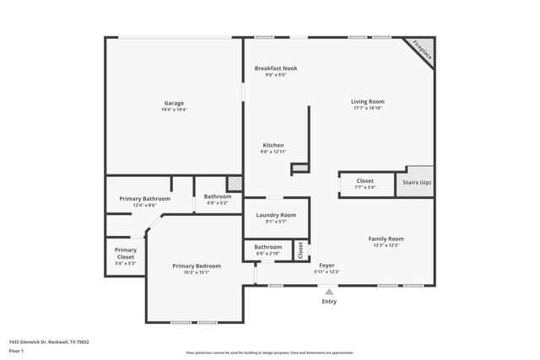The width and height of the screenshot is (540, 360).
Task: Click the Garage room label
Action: [174, 103]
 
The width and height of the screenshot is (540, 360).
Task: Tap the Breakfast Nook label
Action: [276, 68]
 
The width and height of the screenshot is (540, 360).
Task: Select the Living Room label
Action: [367, 102]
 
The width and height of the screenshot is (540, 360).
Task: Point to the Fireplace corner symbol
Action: [421, 51]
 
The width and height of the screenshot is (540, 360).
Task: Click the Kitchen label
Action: [273, 145]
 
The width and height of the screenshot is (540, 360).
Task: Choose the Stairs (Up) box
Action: [415, 182]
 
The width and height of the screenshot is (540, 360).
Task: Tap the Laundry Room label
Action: [276, 215]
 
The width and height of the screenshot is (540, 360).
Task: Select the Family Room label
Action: [386, 239]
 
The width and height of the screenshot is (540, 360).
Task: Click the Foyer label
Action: [326, 266]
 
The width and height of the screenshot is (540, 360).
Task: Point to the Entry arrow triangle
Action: [329, 292]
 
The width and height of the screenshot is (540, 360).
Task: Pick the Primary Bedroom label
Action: [197, 266]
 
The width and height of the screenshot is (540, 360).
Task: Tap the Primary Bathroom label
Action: [144, 198]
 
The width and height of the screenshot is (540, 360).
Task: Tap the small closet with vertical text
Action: [300, 250]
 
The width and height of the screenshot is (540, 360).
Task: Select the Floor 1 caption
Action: [16, 350]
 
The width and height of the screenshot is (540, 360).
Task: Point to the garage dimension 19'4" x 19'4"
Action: [174, 110]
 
